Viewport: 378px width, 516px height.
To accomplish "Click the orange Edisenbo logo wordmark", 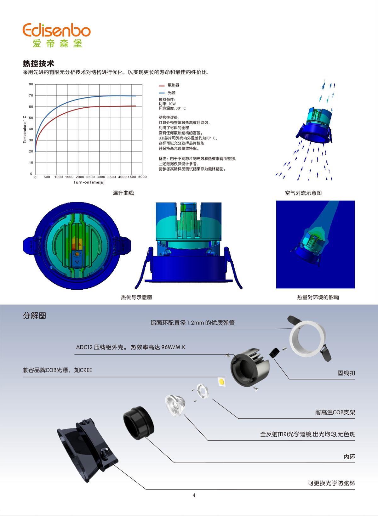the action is tap(56, 30).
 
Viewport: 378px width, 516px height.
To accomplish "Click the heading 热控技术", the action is tap(38, 63).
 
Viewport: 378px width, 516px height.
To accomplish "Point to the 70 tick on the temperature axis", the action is tap(31, 95).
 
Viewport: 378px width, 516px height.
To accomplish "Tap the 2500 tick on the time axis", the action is tap(90, 177).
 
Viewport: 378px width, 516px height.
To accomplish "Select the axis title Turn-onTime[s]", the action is tap(89, 182).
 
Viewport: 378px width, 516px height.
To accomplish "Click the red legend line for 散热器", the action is tap(162, 86).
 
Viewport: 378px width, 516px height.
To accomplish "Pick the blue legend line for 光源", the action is tap(162, 93).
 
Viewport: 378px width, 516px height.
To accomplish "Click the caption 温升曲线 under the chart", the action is tap(123, 193).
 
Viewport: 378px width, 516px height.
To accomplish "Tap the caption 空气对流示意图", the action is tap(303, 193).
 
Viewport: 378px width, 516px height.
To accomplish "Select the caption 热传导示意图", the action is tap(136, 298).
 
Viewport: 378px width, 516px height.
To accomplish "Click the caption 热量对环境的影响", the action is tap(318, 298).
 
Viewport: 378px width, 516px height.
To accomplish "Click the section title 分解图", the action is tap(34, 315).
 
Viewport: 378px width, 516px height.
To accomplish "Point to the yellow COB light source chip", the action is tap(221, 382).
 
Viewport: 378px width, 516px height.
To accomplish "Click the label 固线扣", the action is tap(346, 373).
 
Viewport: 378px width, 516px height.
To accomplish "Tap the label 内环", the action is tap(349, 456).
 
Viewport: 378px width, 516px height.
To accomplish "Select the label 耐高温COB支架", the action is tap(335, 412).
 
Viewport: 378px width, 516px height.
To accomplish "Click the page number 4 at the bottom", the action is tap(194, 495).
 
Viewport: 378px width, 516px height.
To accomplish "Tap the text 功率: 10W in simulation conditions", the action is tap(167, 104).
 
